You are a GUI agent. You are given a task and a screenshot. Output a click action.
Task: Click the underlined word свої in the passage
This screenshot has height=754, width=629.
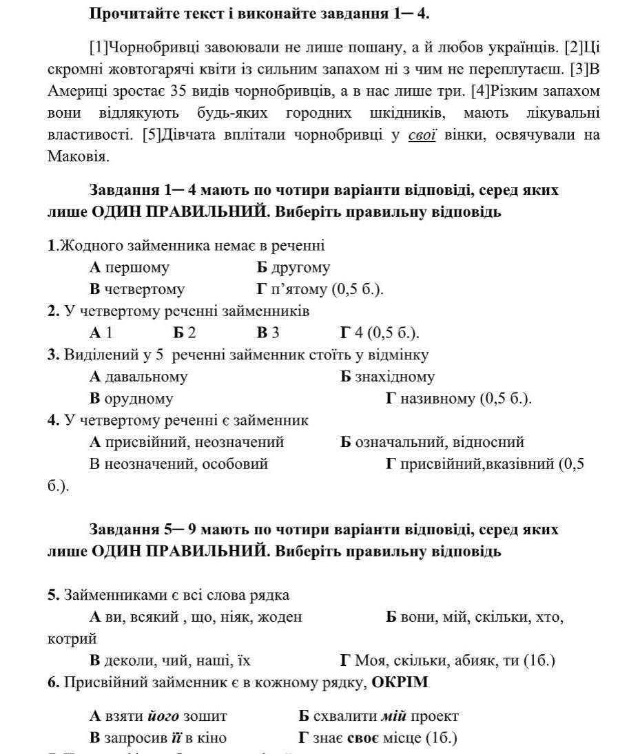tap(422, 135)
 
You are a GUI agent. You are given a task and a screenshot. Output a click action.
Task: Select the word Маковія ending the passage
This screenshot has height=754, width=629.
tap(79, 157)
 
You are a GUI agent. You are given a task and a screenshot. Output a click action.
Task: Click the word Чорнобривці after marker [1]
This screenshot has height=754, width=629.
tap(149, 47)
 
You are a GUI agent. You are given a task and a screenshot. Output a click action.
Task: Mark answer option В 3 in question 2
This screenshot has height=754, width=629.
tap(268, 333)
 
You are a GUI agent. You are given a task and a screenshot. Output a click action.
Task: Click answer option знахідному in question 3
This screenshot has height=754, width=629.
tap(395, 377)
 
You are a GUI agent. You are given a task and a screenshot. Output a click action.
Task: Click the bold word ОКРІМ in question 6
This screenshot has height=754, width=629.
tap(400, 683)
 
